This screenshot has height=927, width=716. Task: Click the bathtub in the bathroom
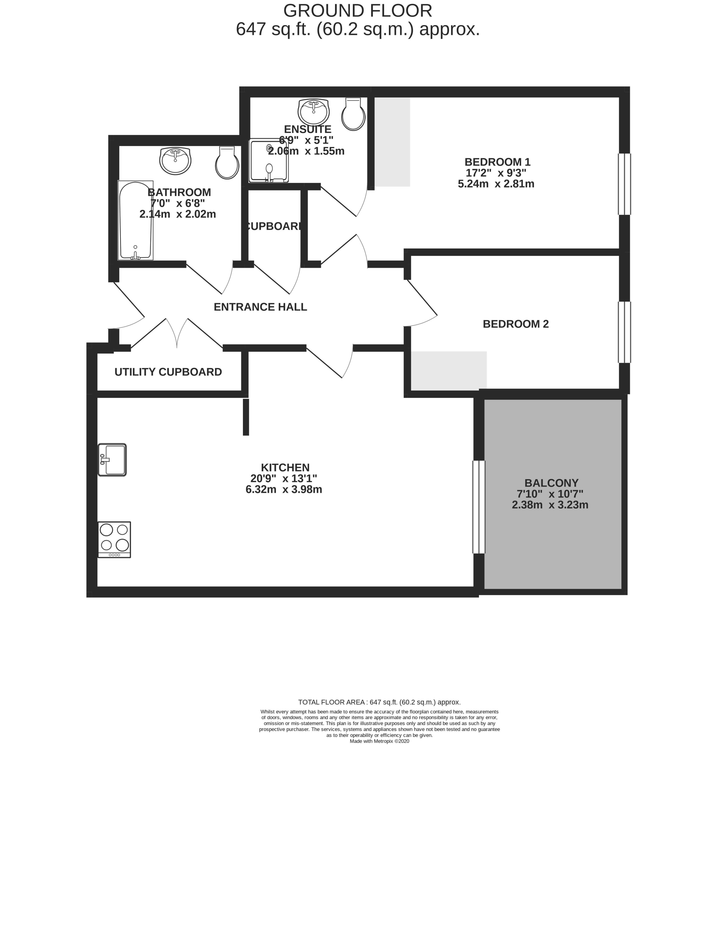coord(135,220)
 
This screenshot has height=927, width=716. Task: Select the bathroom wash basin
coord(175,160)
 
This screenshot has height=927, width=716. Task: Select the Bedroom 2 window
coord(624,332)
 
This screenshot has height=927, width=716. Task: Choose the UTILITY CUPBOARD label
coord(168,372)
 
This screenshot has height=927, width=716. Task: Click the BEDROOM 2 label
coord(516,324)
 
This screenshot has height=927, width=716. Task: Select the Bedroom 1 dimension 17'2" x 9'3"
coord(496,173)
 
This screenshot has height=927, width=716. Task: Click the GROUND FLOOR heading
coord(358,11)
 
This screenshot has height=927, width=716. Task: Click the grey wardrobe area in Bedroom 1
coord(392,142)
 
